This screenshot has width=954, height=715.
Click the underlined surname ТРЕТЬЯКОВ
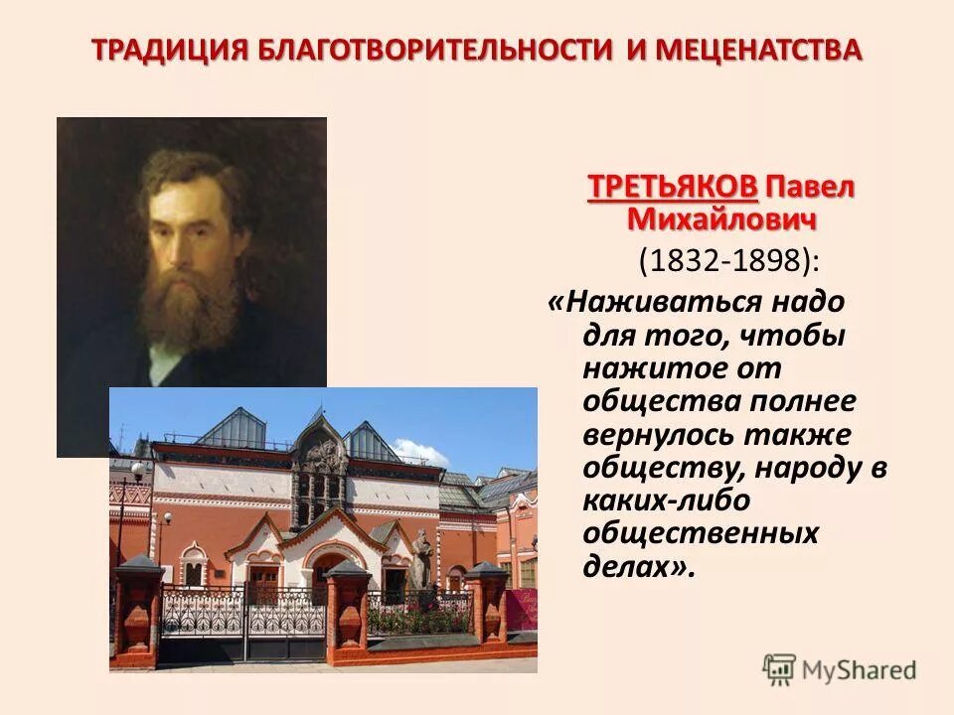[x=673, y=187]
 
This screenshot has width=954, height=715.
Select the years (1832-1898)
[x=729, y=262]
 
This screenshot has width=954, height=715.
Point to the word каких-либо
[x=666, y=500]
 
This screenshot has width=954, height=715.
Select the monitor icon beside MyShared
[x=779, y=670]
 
